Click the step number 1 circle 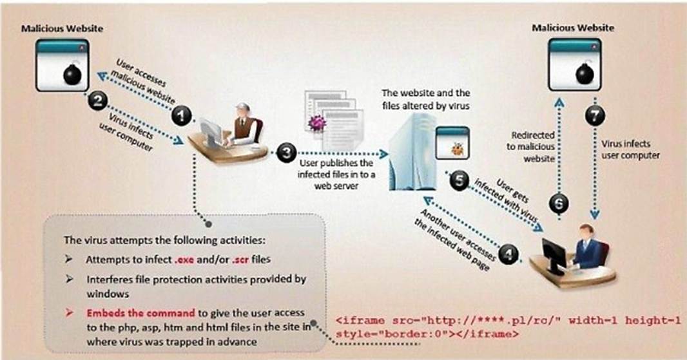(x=181, y=116)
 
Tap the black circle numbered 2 (x=98, y=101)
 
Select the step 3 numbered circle (x=287, y=153)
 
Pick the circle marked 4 (x=508, y=254)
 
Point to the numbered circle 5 (x=459, y=180)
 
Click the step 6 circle (x=559, y=204)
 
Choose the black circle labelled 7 (x=595, y=116)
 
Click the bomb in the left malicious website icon (x=72, y=74)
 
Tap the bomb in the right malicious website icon (x=585, y=73)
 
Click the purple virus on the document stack (x=317, y=123)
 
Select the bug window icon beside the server (x=452, y=143)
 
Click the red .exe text (x=184, y=260)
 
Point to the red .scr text (x=240, y=260)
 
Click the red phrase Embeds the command (x=140, y=313)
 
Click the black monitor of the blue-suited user (x=554, y=255)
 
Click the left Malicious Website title (x=63, y=28)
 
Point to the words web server (x=336, y=185)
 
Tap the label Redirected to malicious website (x=531, y=147)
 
